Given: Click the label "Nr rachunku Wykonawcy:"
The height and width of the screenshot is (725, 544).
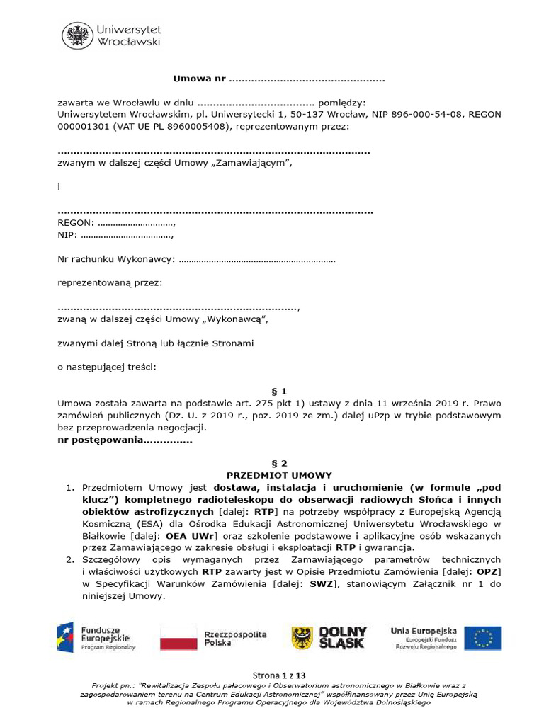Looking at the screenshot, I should point(116,259).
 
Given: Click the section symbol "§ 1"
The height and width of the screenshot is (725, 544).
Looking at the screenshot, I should point(279,391).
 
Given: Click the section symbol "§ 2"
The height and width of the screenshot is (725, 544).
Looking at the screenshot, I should point(279,463).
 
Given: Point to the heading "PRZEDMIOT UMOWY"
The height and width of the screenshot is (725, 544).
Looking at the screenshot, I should point(279,475).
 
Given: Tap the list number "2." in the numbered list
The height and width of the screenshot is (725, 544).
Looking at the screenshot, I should point(71,559).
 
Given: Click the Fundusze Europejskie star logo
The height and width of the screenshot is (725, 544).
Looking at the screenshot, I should point(67,637).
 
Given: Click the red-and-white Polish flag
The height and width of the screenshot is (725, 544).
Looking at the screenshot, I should point(178,638).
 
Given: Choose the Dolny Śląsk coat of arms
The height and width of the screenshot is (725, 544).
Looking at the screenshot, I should point(302,638).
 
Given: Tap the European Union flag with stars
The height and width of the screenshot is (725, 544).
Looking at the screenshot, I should point(483,638).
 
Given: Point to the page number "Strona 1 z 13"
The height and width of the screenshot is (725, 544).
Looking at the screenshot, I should point(279,675).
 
